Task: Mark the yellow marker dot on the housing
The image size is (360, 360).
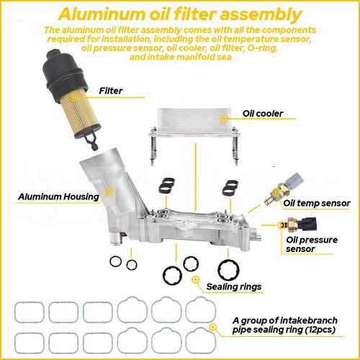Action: tap(110, 191)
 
